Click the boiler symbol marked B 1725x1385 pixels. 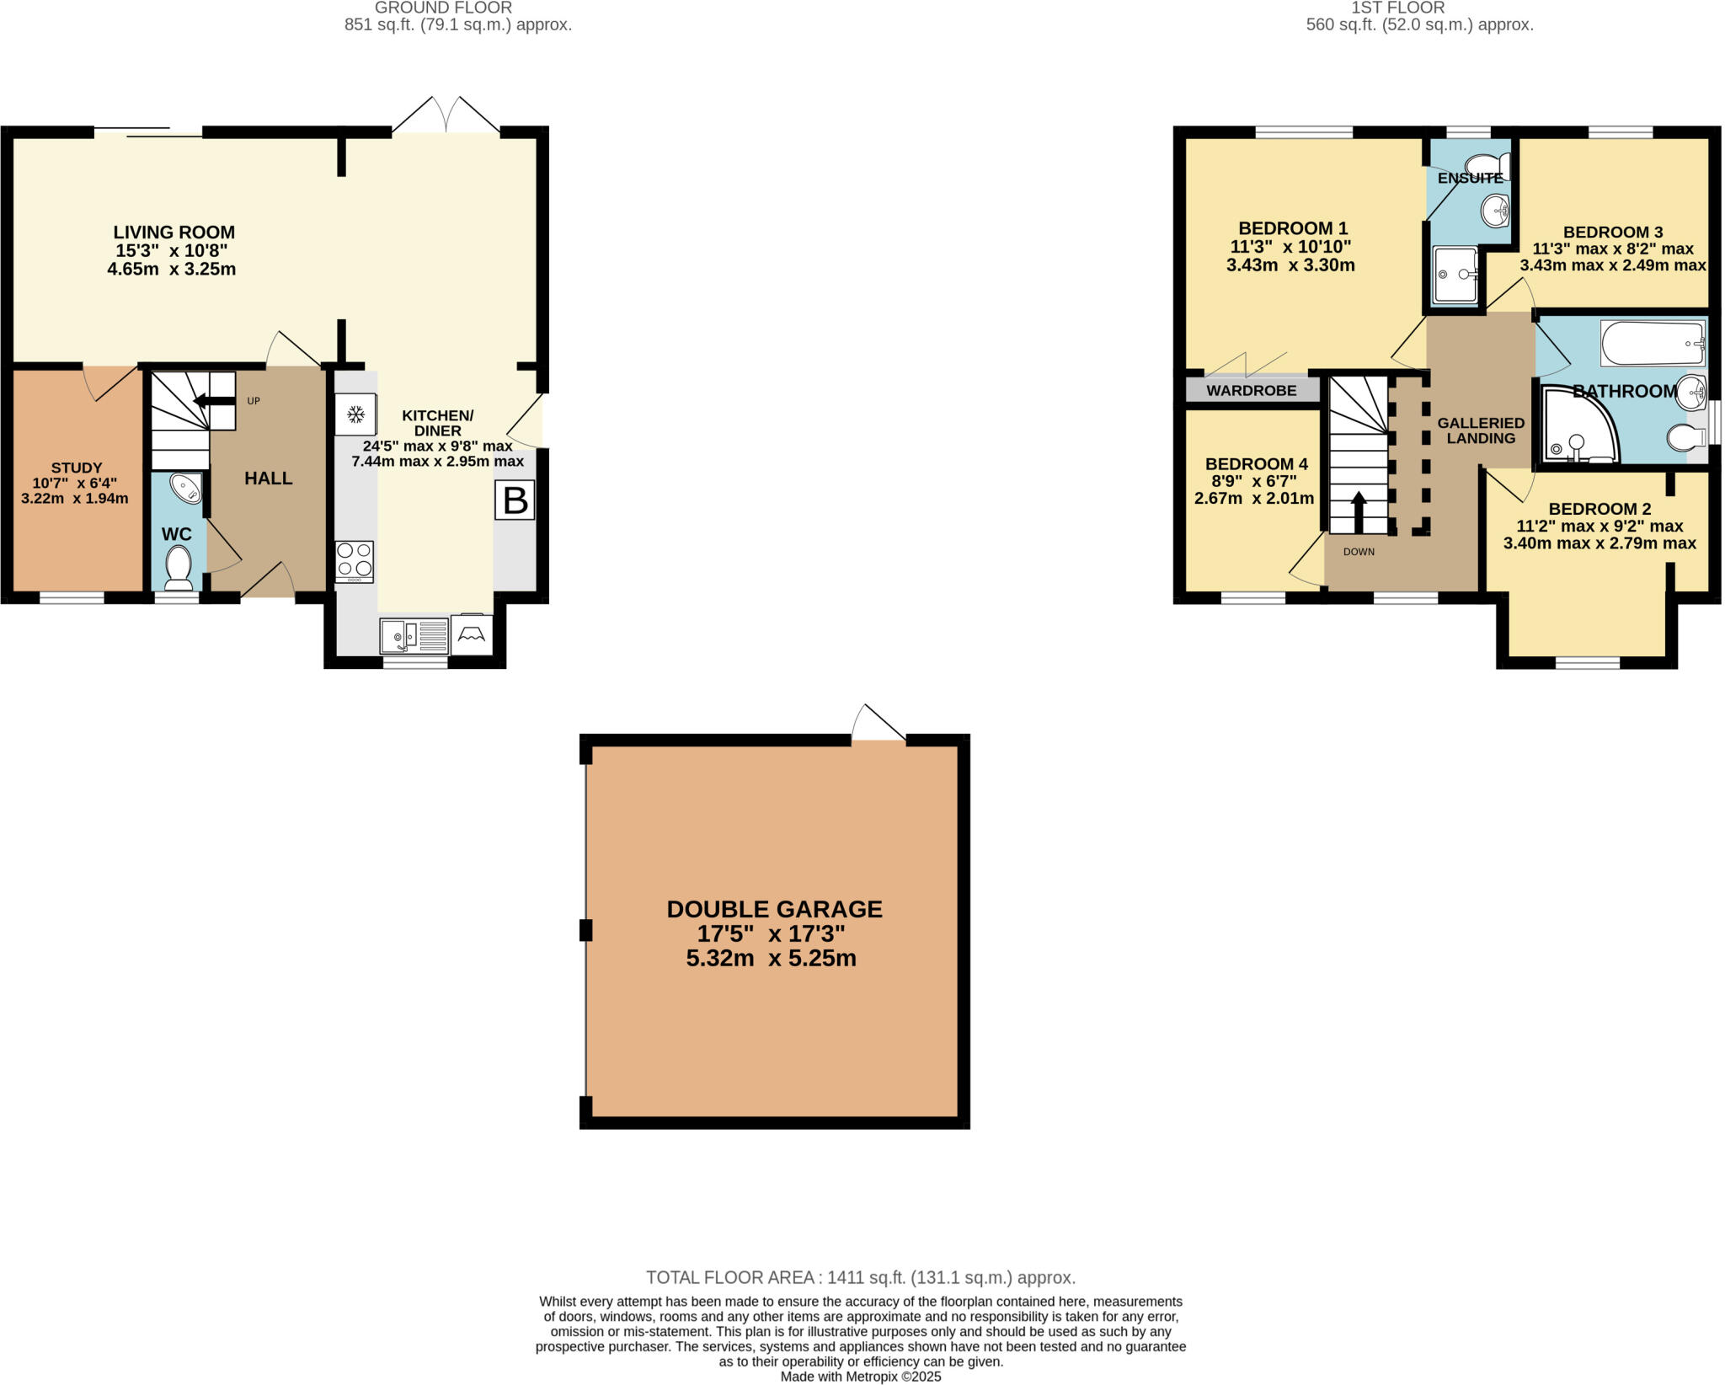pos(515,500)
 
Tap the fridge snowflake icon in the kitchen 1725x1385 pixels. pos(355,414)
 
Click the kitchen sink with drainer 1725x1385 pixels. pos(414,636)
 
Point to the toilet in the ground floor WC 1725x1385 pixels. pos(178,567)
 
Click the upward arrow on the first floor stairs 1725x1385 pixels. pos(1359,511)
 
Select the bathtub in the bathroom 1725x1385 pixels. pos(1652,344)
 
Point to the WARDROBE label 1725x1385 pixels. pos(1252,391)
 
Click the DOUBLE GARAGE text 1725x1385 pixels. pos(774,909)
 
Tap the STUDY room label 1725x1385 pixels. pos(77,468)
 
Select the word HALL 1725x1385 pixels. pos(268,479)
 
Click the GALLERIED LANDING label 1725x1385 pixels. pos(1481,430)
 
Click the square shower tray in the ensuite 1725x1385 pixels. pos(1455,275)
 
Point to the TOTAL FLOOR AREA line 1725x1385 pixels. pos(861,1277)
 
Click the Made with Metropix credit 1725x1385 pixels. pos(860,1377)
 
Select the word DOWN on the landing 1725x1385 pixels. pos(1359,552)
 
